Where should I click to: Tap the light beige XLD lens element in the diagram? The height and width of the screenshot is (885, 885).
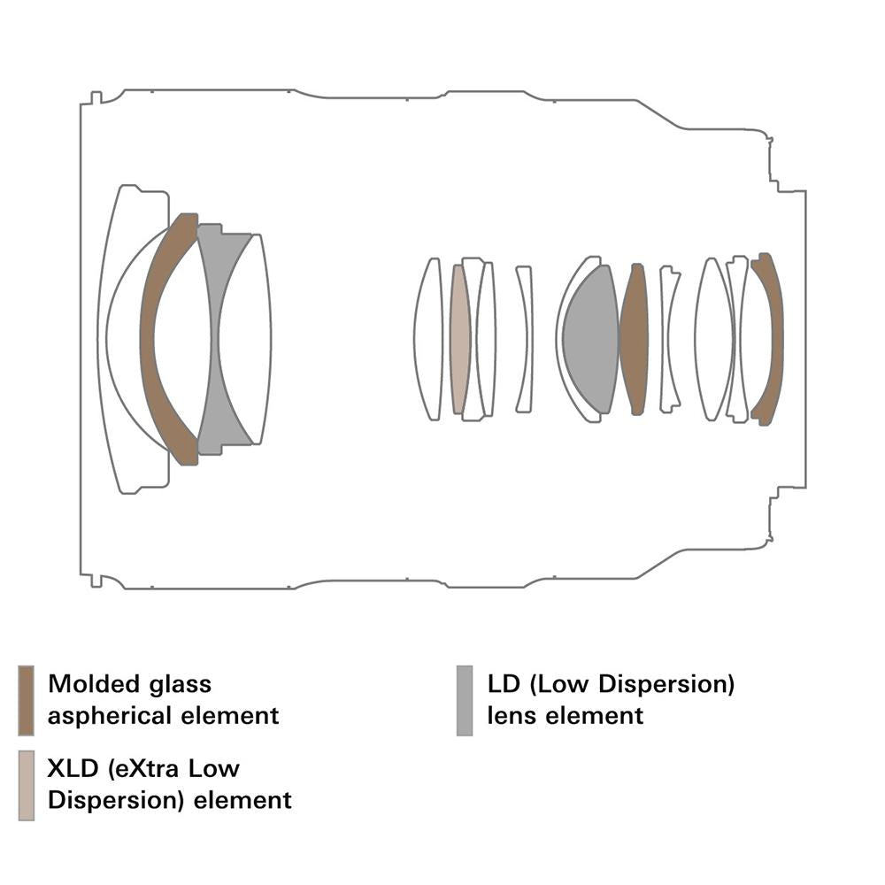pyautogui.click(x=458, y=339)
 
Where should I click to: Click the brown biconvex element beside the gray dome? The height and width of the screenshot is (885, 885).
pyautogui.click(x=634, y=339)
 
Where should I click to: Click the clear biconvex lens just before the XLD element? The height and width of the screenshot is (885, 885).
pyautogui.click(x=428, y=339)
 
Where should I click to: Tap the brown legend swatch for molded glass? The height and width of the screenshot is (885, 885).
pyautogui.click(x=26, y=700)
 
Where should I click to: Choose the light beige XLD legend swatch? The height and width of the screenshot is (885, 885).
pyautogui.click(x=26, y=785)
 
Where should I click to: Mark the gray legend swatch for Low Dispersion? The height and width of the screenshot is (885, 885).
pyautogui.click(x=465, y=700)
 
